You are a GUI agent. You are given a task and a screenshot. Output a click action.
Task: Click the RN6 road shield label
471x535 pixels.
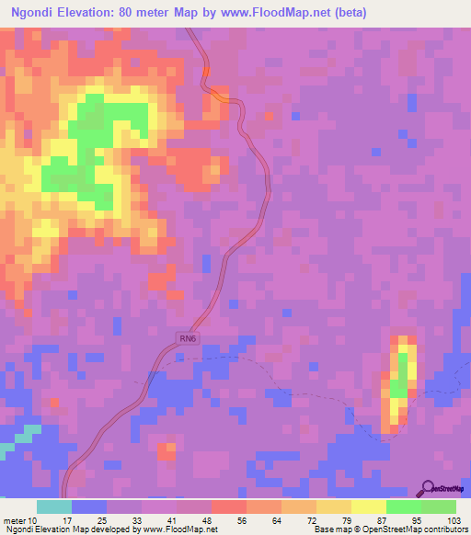pos(188,339)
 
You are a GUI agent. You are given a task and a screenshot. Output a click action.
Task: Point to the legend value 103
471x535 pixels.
pos(453,522)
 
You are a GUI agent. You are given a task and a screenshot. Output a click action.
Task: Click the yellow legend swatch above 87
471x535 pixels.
pos(368,507)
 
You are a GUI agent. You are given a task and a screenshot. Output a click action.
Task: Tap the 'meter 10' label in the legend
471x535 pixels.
pos(20,522)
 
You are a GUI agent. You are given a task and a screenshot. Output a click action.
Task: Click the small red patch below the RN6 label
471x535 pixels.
pos(167,450)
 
